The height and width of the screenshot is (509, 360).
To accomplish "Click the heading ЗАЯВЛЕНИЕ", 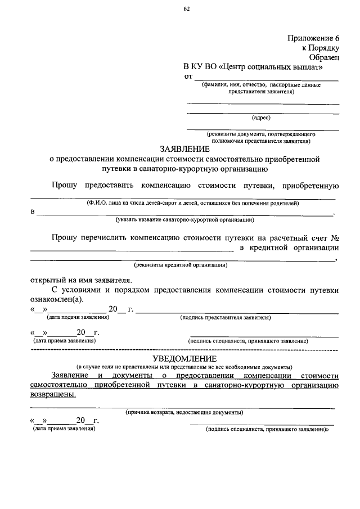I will pos(184,150).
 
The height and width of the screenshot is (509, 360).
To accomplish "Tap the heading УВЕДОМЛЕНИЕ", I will pos(184,359).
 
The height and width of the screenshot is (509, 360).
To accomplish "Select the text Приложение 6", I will pos(313,38).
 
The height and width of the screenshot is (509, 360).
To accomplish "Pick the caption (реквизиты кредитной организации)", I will pos(181,264).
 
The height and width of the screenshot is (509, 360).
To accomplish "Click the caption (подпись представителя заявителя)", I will pos(226,318).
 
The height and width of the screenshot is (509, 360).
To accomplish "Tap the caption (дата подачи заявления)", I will pos(70,318).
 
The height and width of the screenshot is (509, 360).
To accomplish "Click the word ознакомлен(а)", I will pos(56,299).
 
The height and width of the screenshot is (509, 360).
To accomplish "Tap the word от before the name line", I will pos(189,76).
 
